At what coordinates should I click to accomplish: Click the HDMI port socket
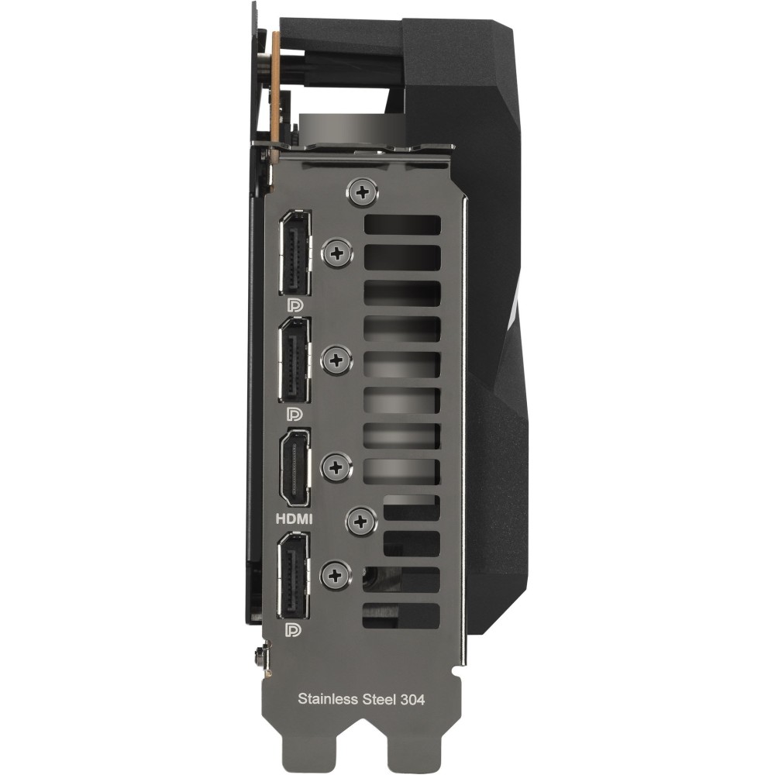tap(294, 468)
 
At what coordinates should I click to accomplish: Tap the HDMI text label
tap(294, 519)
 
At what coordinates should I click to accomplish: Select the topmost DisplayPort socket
tap(295, 253)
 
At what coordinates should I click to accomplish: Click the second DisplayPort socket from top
tap(295, 360)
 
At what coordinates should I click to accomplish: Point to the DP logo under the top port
tap(295, 305)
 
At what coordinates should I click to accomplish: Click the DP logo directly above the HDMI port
tap(295, 413)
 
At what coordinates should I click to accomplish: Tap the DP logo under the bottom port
tap(294, 629)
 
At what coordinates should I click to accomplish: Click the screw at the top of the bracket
tap(363, 191)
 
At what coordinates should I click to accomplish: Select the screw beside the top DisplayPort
tap(338, 254)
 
